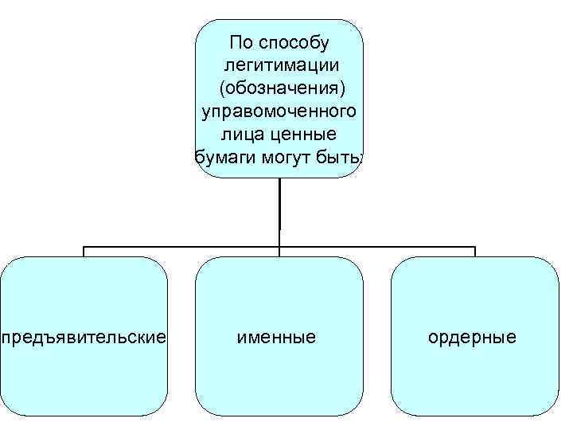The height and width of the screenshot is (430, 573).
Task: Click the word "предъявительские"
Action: click(x=84, y=338)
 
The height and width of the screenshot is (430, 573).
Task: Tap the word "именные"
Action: click(x=277, y=338)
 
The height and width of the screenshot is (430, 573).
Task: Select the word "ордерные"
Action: click(x=473, y=338)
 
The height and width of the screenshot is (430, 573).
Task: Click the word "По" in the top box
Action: click(x=240, y=41)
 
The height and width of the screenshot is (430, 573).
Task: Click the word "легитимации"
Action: click(x=279, y=64)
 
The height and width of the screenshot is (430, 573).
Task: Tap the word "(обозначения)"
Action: click(x=279, y=87)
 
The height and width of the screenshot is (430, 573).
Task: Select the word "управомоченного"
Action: click(x=279, y=110)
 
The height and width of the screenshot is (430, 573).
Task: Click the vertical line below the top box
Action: click(x=279, y=207)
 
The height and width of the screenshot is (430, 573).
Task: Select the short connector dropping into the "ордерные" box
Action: click(x=475, y=252)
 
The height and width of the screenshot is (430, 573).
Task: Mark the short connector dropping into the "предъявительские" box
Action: click(x=84, y=252)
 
